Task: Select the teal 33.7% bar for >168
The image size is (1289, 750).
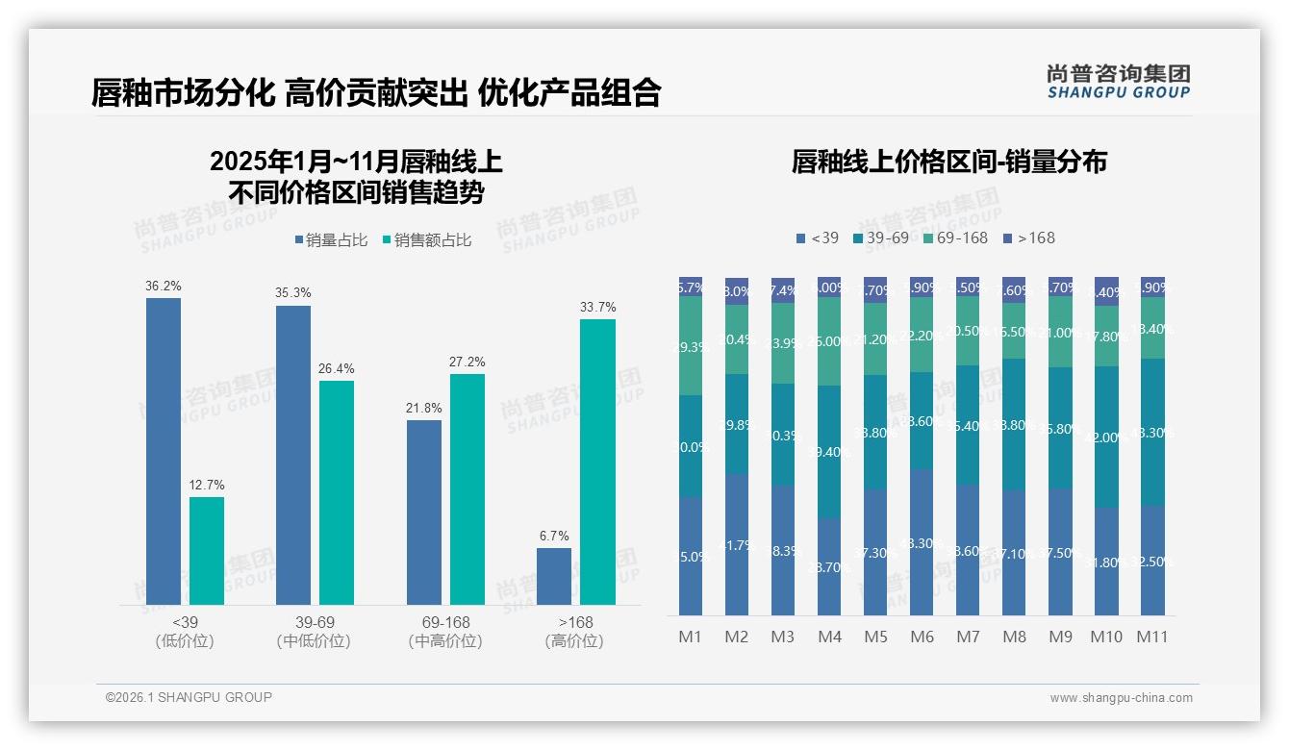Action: (597, 462)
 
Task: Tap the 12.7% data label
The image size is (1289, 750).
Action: (206, 485)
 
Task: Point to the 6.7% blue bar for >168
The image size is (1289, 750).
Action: (554, 576)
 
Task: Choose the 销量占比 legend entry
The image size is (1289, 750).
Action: (332, 239)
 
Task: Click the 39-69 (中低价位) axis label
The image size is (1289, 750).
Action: (313, 632)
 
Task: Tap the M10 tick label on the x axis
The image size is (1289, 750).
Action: (1106, 637)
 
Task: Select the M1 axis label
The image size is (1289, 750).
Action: (691, 637)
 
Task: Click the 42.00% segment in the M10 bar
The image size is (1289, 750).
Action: (1106, 437)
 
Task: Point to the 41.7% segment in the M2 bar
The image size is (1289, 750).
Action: (737, 544)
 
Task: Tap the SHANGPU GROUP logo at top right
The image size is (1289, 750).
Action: (1118, 82)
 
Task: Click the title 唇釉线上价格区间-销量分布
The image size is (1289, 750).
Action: (948, 162)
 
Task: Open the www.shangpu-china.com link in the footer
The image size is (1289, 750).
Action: (1121, 698)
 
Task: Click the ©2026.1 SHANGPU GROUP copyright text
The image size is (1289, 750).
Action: (189, 697)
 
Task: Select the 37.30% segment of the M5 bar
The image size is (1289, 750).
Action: (875, 552)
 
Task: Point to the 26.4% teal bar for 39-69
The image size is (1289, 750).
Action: (337, 492)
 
